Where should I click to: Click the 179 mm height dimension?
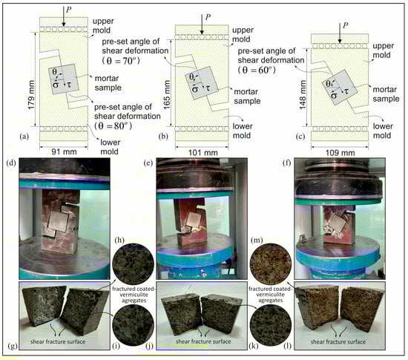[x=31, y=95]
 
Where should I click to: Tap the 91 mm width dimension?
[x=64, y=151]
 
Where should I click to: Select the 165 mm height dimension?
[x=166, y=94]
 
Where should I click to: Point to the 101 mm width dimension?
[x=203, y=153]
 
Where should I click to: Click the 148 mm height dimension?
[x=303, y=95]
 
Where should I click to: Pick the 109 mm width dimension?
[x=340, y=153]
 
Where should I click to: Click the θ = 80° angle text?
[x=113, y=125]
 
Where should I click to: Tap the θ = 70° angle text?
[x=121, y=61]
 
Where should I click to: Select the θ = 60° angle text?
[x=257, y=70]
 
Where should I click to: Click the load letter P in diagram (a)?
[x=69, y=10]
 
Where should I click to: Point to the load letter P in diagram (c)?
[x=345, y=25]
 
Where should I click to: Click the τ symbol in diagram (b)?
[x=208, y=88]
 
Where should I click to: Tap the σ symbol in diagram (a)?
[x=56, y=85]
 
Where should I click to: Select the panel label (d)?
[x=11, y=163]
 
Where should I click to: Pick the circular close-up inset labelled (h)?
[x=133, y=264]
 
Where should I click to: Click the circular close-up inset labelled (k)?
[x=270, y=325]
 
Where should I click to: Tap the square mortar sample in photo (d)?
[x=59, y=221]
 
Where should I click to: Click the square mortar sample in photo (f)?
[x=338, y=223]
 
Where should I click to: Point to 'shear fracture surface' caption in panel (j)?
[x=203, y=341]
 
